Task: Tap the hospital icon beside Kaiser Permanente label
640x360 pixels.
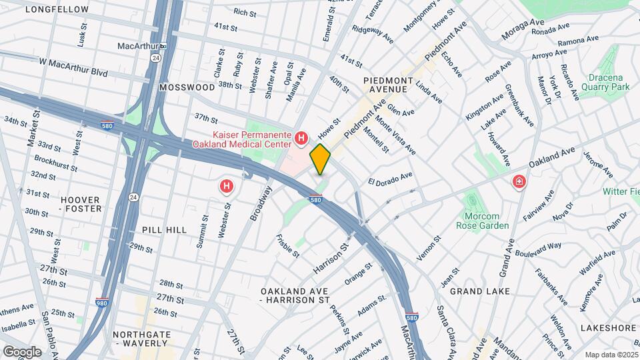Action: (301, 139)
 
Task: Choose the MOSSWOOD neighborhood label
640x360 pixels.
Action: (187, 87)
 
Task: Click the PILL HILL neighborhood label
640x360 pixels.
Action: (164, 229)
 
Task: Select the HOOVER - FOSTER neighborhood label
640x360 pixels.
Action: (81, 204)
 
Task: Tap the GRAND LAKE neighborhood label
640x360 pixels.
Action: (479, 291)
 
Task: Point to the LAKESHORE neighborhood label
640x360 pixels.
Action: (608, 328)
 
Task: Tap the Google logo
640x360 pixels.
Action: (22, 351)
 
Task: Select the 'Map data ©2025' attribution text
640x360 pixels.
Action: (611, 355)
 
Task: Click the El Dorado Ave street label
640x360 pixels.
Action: (391, 179)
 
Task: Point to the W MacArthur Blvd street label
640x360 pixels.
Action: (73, 61)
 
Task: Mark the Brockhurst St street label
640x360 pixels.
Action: (53, 161)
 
